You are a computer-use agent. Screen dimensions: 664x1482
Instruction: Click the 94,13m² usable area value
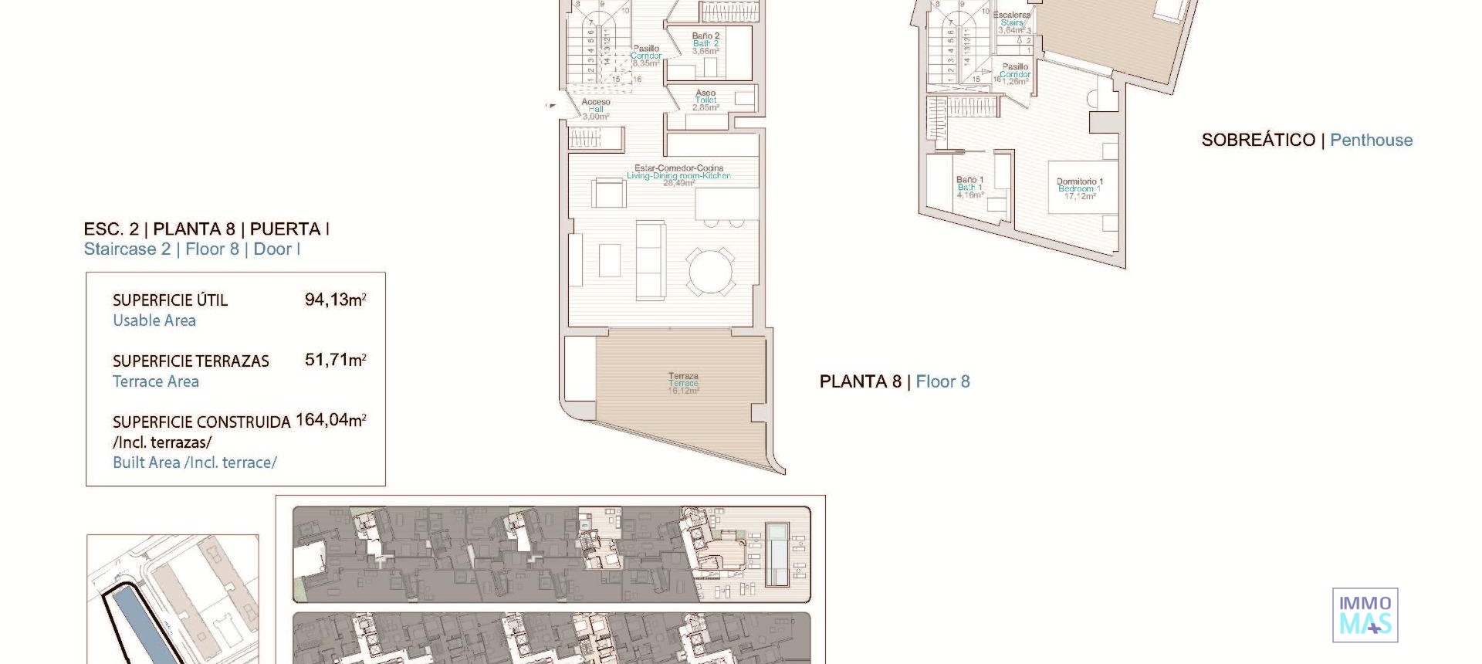335,300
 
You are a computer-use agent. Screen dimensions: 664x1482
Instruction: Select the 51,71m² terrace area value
335,360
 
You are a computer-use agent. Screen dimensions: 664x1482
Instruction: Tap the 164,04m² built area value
330,420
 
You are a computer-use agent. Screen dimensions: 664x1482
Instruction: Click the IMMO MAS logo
1365,615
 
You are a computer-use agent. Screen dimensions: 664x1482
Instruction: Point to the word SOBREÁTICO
1258,141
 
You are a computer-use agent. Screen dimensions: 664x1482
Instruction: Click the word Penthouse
1371,141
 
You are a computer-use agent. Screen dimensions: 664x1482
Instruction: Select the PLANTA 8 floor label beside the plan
860,381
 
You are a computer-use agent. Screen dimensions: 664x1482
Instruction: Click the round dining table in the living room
712,271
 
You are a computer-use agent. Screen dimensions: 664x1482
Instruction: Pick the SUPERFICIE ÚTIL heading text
170,300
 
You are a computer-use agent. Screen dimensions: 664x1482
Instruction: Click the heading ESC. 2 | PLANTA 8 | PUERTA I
206,229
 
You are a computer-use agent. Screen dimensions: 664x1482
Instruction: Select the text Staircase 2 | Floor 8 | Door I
191,249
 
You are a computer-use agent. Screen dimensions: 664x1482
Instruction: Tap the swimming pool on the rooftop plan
777,553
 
